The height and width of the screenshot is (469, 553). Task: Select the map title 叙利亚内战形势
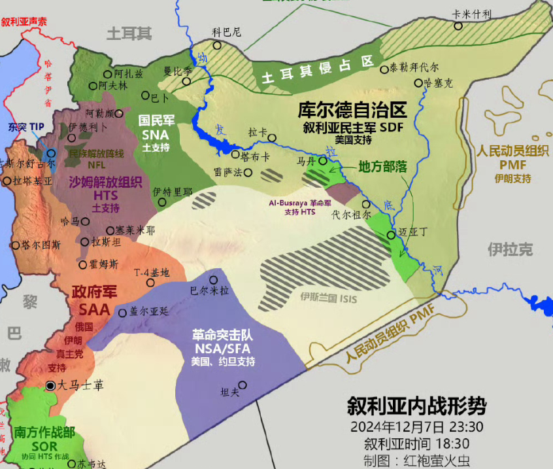416,406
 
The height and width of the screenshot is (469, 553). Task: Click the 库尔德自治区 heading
352,109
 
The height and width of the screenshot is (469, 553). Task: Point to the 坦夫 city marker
243,385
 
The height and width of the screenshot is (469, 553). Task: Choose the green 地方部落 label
383,167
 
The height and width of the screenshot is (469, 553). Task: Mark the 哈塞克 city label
438,83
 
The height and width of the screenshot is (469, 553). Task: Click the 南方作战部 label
44,432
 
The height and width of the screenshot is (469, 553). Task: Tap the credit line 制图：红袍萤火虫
417,460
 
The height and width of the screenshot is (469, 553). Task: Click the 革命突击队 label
222,334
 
